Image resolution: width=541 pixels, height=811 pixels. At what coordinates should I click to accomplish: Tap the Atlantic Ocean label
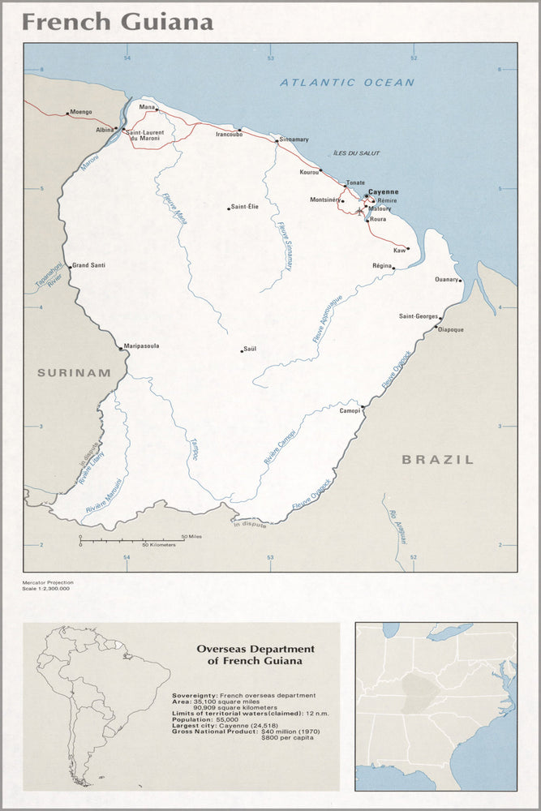click(x=347, y=83)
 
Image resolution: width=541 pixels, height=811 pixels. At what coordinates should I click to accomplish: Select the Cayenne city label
click(x=384, y=192)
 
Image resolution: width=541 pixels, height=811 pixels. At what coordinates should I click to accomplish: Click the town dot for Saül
click(x=242, y=351)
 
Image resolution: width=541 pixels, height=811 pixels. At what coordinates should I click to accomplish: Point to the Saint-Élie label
click(x=245, y=207)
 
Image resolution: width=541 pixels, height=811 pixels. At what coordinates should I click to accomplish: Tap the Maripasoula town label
click(x=142, y=346)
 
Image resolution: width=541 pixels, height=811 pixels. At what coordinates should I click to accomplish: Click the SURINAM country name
click(x=73, y=373)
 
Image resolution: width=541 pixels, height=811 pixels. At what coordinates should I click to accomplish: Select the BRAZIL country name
click(x=437, y=460)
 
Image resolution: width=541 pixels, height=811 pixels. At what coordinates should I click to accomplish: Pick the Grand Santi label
click(x=88, y=265)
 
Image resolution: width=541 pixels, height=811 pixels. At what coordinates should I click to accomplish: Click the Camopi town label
click(x=350, y=411)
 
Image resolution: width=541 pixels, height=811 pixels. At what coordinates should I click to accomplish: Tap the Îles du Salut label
click(x=356, y=153)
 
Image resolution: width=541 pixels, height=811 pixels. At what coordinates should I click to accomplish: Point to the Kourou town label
click(x=309, y=172)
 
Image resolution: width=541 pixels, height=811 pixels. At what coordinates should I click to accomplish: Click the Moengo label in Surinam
click(x=81, y=112)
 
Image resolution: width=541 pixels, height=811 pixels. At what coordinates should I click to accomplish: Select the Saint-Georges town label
click(x=419, y=315)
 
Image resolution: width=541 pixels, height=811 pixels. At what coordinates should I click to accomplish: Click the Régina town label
click(x=382, y=265)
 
